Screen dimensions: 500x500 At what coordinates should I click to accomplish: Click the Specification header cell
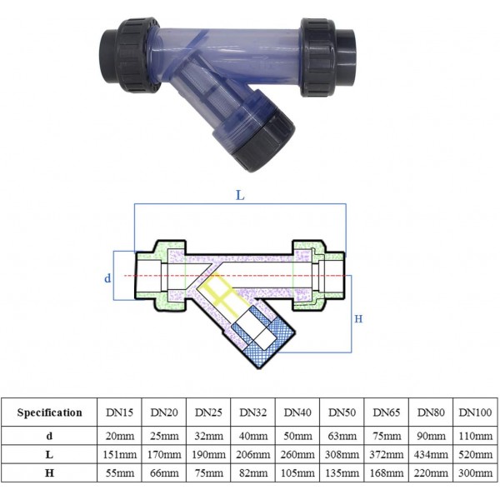50,412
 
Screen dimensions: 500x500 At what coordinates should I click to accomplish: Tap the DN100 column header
475,412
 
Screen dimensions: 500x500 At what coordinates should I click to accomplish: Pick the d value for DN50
342,435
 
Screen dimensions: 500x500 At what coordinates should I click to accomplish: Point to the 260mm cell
297,456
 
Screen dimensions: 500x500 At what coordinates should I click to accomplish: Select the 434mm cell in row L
431,456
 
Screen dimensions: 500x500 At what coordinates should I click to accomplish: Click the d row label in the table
50,435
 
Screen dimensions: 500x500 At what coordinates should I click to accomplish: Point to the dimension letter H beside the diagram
359,319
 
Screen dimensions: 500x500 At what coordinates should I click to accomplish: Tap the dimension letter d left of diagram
107,277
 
